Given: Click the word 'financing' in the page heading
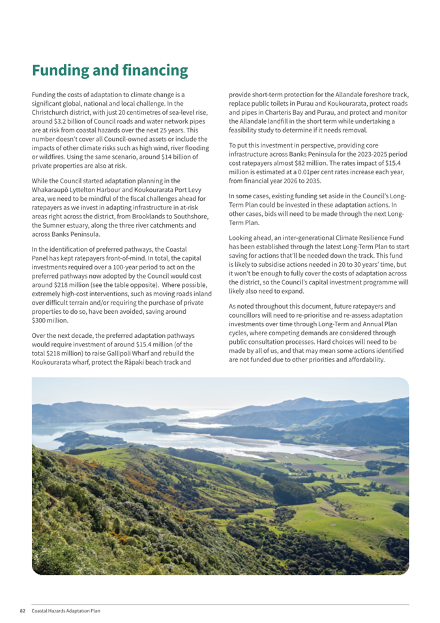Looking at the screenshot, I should click(156, 70).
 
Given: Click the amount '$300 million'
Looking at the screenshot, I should click(50, 320).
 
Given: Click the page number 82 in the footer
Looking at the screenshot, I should click(22, 611).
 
